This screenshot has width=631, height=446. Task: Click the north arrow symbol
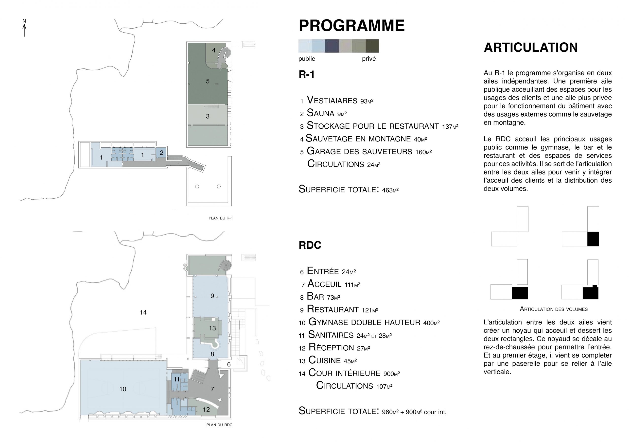pyautogui.click(x=24, y=29)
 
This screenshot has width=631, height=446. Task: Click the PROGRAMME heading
pyautogui.click(x=351, y=26)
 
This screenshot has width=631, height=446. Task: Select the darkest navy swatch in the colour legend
pyautogui.click(x=332, y=46)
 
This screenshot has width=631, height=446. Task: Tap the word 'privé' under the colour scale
pyautogui.click(x=368, y=59)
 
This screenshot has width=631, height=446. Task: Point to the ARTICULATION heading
pyautogui.click(x=530, y=48)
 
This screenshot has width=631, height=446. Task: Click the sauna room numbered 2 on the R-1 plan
pyautogui.click(x=161, y=153)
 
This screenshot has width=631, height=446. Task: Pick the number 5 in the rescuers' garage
pyautogui.click(x=208, y=81)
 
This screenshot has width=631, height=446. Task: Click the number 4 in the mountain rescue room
pyautogui.click(x=213, y=50)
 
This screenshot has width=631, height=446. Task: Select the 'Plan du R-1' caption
pyautogui.click(x=220, y=218)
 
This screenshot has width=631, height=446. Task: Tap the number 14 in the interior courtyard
pyautogui.click(x=143, y=312)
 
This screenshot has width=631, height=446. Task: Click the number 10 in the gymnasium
pyautogui.click(x=123, y=389)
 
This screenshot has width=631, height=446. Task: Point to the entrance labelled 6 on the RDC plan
pyautogui.click(x=229, y=364)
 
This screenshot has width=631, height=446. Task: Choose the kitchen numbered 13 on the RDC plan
pyautogui.click(x=212, y=328)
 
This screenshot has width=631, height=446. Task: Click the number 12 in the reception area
pyautogui.click(x=206, y=410)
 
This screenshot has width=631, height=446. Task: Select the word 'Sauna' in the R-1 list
pyautogui.click(x=320, y=113)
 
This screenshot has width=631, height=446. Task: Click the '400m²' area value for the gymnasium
pyautogui.click(x=431, y=323)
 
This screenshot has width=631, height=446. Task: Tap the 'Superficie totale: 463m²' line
pyautogui.click(x=348, y=189)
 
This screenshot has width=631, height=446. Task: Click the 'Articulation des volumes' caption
pyautogui.click(x=554, y=309)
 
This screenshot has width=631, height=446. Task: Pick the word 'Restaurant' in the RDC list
pyautogui.click(x=333, y=309)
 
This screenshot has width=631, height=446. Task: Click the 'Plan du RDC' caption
pyautogui.click(x=219, y=425)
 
